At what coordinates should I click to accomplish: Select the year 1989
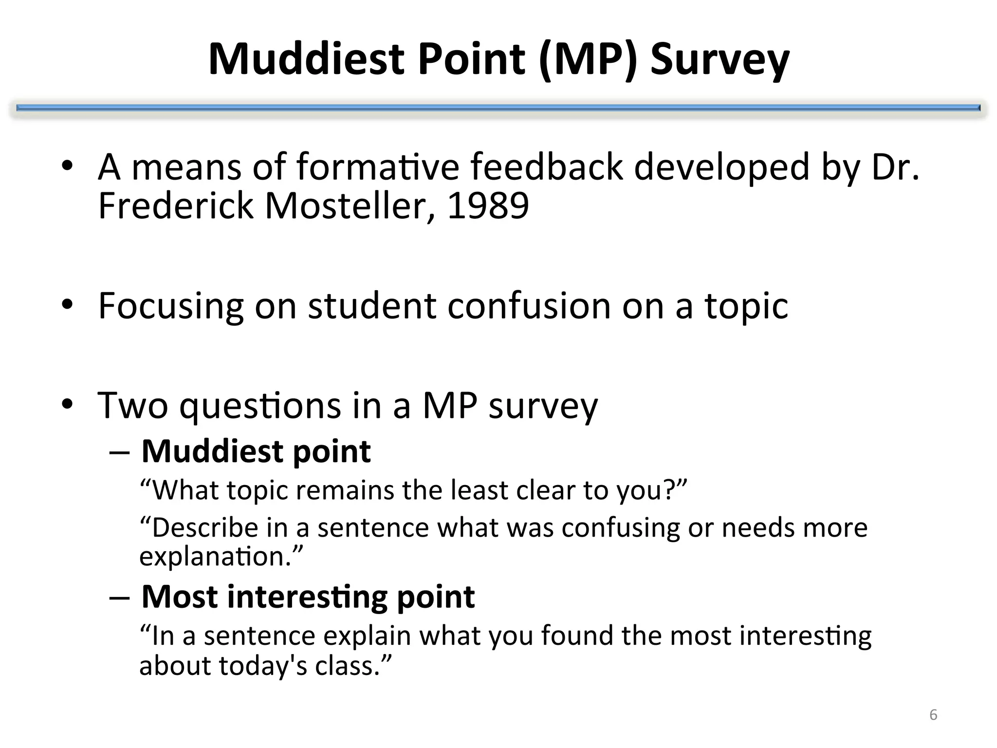[488, 206]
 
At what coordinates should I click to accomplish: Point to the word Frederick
[175, 206]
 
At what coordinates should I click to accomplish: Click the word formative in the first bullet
[378, 167]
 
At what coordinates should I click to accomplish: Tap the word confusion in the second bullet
[529, 306]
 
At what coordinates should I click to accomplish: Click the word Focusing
[170, 306]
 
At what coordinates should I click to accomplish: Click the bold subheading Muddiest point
[256, 451]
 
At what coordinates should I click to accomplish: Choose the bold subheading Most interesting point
[308, 597]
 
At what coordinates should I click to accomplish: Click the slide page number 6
[933, 715]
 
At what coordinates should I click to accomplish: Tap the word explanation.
[216, 556]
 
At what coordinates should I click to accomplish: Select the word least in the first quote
[480, 490]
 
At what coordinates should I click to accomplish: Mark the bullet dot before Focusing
[67, 305]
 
